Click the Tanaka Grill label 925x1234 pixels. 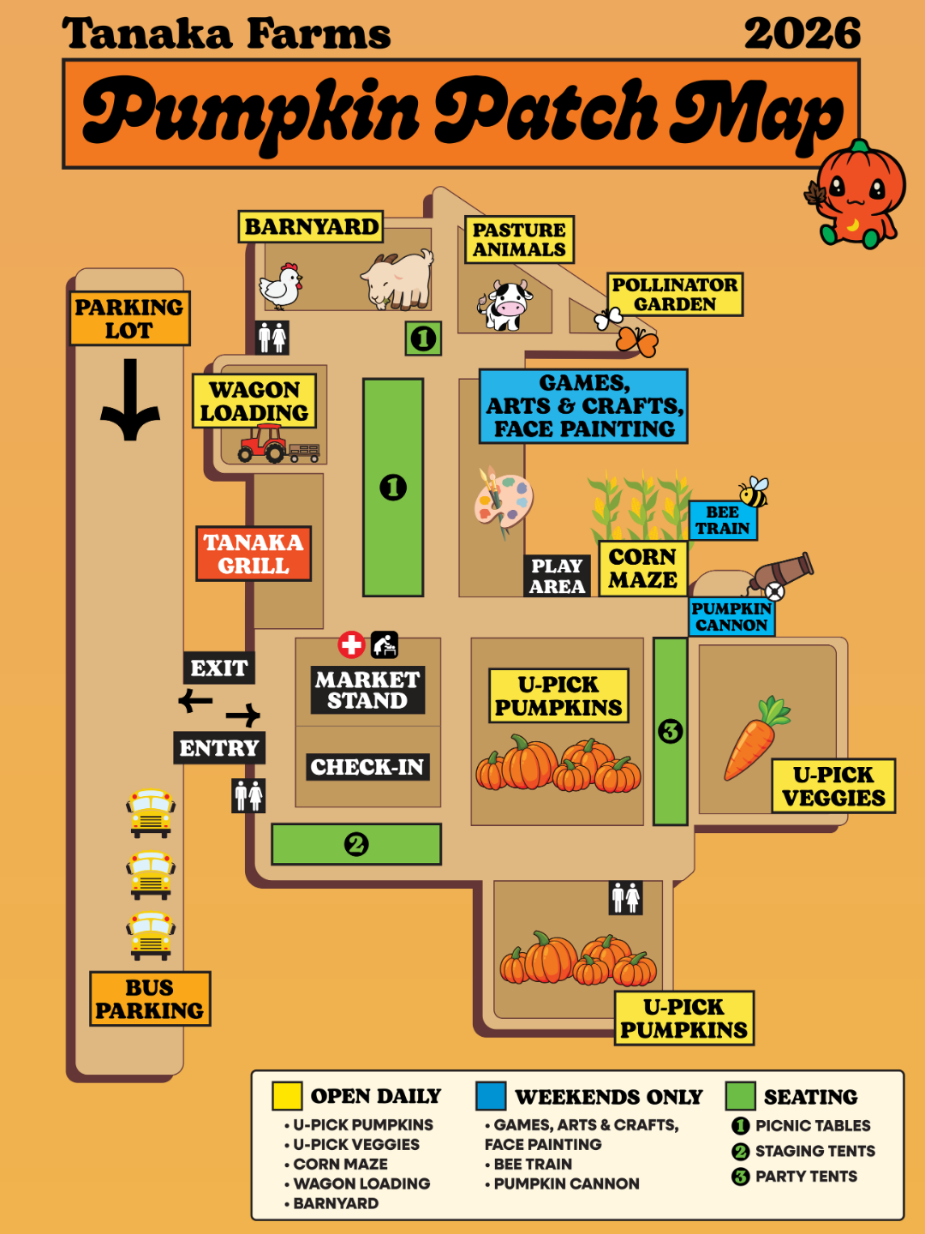[x=254, y=554]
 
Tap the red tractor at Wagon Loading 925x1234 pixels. [x=263, y=443]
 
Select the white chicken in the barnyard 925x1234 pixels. [x=280, y=286]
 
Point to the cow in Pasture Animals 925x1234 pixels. [x=505, y=305]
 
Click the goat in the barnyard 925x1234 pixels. [x=397, y=279]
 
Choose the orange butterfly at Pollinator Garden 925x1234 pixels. [x=637, y=341]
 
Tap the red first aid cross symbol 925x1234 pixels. [x=351, y=644]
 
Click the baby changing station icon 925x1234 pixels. [x=385, y=644]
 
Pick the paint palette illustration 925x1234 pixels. [x=503, y=500]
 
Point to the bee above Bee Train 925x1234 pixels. [x=753, y=492]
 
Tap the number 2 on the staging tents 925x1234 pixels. [x=356, y=844]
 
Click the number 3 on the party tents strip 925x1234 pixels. [x=670, y=732]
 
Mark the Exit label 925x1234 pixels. [x=219, y=668]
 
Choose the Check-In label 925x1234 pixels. [x=367, y=767]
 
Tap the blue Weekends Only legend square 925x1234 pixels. [x=491, y=1095]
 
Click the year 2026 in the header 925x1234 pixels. [x=802, y=33]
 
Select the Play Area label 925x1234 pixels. [x=557, y=576]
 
